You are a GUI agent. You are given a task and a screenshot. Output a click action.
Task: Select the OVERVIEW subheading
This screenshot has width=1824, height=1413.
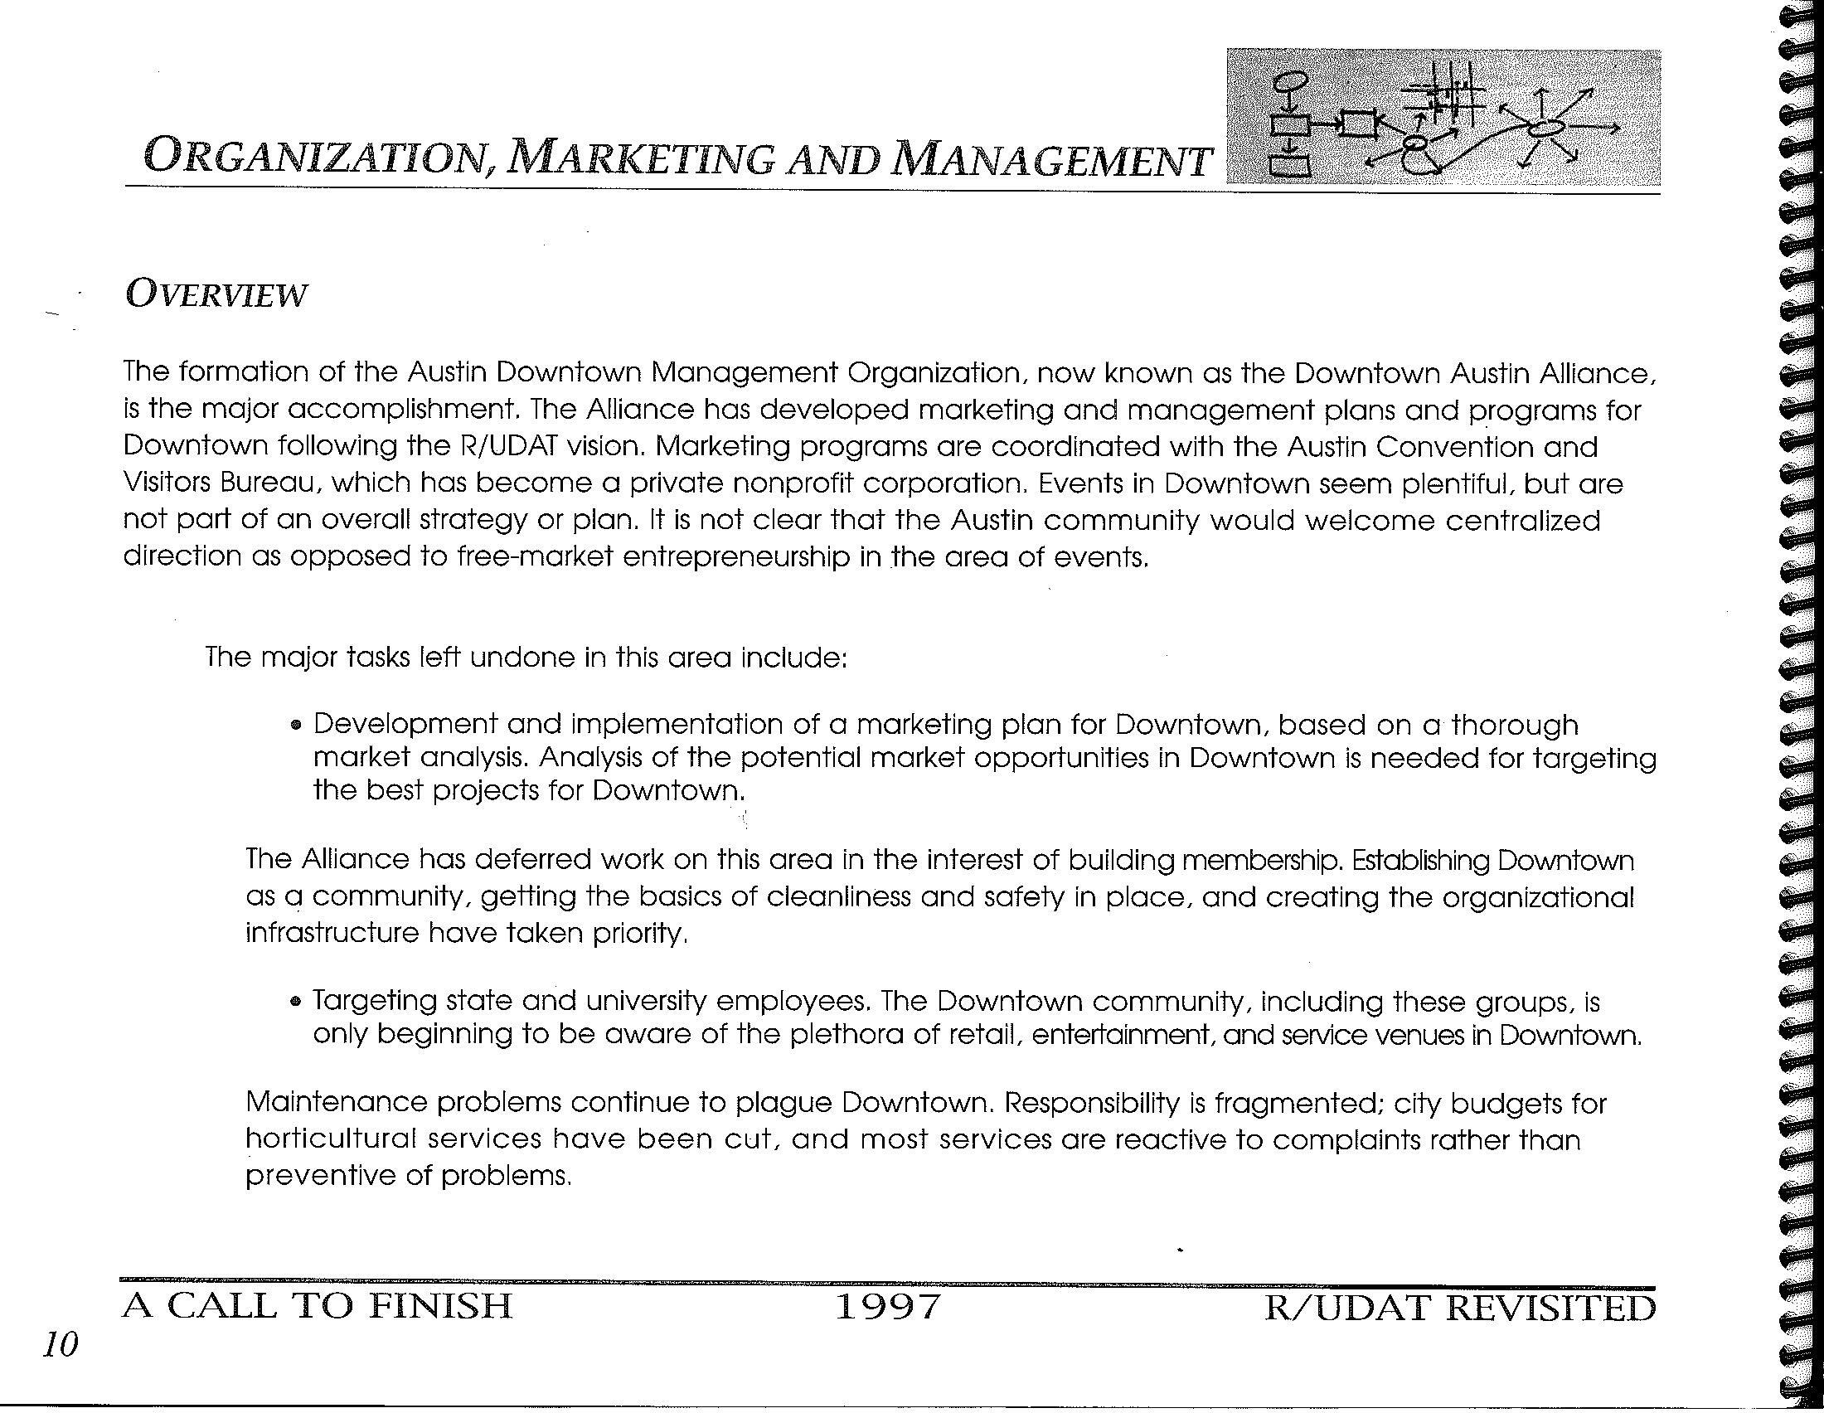click(216, 295)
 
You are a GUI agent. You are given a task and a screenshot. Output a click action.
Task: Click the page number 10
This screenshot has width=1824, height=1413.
click(61, 1345)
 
